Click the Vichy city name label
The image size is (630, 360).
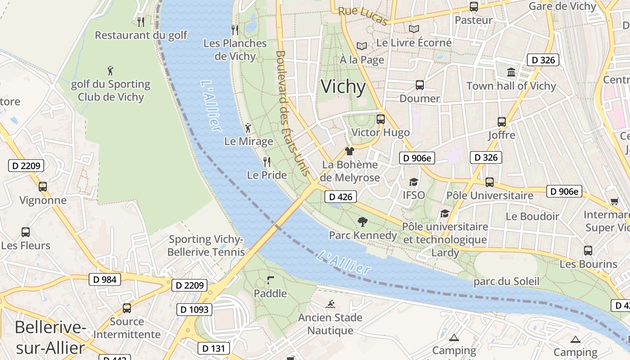[x=343, y=86]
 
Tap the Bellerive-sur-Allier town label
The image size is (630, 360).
[x=50, y=337]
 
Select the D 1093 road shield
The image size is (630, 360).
[x=195, y=310]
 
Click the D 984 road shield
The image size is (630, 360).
[x=105, y=279]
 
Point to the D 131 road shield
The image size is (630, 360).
[x=213, y=348]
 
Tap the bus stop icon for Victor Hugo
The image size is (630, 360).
[x=381, y=119]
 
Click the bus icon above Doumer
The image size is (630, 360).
[x=419, y=85]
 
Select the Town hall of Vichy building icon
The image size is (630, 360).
[x=511, y=72]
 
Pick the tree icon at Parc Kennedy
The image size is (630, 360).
[x=362, y=221]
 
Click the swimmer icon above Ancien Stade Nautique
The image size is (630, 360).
[x=330, y=304]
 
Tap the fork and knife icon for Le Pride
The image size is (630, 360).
[x=267, y=162]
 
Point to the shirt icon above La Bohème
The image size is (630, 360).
[x=349, y=151]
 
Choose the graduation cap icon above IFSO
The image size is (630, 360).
[x=413, y=182]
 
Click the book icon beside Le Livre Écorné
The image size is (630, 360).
[x=414, y=29]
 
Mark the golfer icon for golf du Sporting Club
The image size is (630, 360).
[x=110, y=71]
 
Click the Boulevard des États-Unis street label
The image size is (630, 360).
[x=292, y=112]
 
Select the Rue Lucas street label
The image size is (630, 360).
[x=363, y=16]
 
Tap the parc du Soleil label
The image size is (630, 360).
[x=506, y=282]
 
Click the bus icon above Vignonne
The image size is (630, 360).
[x=43, y=186]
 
